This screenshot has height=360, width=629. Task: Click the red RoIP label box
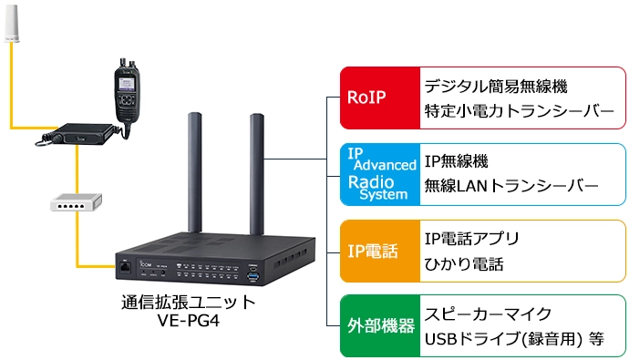point(377,97)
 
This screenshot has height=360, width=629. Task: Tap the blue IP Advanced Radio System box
point(377,173)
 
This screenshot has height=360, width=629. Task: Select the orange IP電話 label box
point(377,250)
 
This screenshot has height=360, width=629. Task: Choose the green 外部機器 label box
point(377,325)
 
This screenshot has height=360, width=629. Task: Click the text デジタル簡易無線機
point(496,86)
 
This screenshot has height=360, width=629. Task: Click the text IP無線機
point(457,161)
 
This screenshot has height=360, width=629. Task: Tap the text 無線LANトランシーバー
point(511,187)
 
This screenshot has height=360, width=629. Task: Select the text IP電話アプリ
point(472,239)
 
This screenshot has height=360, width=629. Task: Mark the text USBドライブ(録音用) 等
point(514,340)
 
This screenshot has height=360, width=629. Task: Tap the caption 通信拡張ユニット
point(190,302)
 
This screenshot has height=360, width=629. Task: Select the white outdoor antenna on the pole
point(12,25)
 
